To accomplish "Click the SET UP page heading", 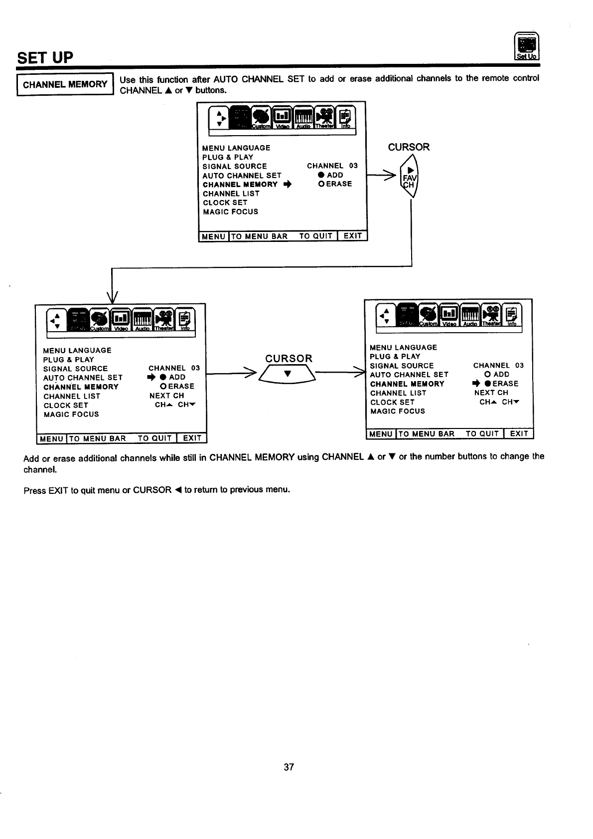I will point(45,58).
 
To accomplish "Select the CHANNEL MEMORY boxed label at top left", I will point(65,84).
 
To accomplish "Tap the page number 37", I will point(289,767).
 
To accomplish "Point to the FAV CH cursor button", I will point(410,178).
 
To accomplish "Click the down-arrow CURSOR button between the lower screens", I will point(287,374).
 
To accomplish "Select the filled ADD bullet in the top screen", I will point(321,175).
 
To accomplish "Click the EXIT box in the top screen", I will point(353,236).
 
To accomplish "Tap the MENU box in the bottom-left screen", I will point(52,439).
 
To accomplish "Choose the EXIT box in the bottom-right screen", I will point(519,434).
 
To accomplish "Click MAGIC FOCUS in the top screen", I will point(230,211).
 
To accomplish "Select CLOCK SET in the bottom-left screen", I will point(66,405).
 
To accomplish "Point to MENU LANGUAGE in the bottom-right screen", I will point(404,347).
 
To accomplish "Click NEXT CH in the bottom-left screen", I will point(166,396).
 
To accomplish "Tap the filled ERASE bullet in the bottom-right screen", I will point(488,384).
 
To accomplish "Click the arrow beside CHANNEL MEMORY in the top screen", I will point(287,185).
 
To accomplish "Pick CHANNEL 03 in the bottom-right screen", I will point(498,365).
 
